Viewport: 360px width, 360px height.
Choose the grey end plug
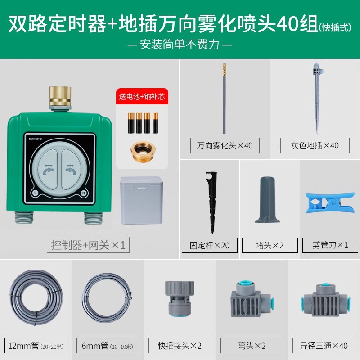[x=269, y=201]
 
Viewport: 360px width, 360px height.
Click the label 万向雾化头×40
[x=225, y=146]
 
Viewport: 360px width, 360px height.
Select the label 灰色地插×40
[x=315, y=146]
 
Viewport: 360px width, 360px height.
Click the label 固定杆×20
[x=210, y=245]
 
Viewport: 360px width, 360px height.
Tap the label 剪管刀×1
[x=330, y=245]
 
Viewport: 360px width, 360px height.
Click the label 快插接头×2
[x=180, y=346]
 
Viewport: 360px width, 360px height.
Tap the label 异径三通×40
[x=323, y=346]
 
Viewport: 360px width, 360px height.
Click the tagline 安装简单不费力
[x=180, y=45]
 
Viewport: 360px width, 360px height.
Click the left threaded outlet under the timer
[x=26, y=217]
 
